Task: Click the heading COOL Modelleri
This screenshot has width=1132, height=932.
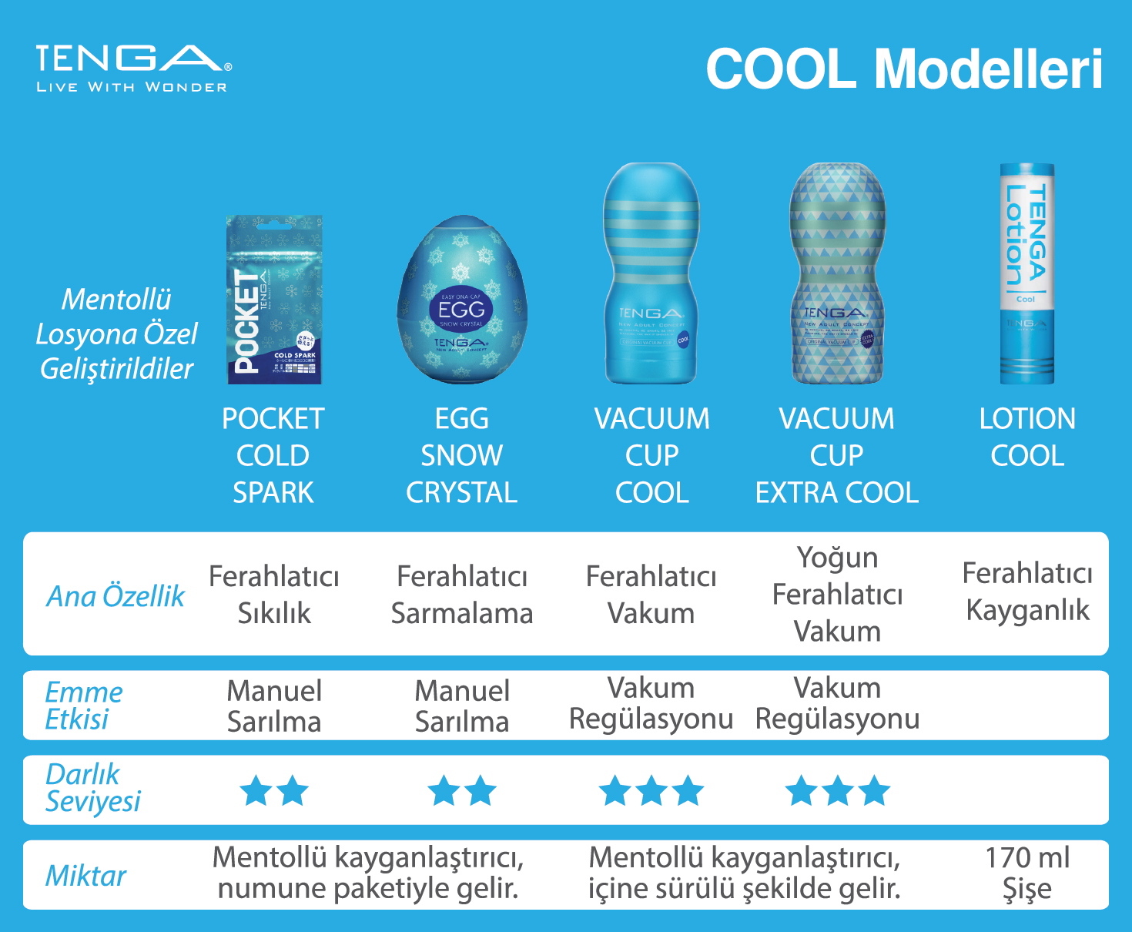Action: click(x=904, y=69)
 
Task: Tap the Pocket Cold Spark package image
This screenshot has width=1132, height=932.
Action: click(x=274, y=300)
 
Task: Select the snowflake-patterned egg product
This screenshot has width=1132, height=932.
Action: click(x=462, y=300)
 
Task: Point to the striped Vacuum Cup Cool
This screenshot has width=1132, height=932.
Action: click(x=651, y=273)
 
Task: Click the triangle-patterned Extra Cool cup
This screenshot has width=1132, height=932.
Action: click(x=837, y=273)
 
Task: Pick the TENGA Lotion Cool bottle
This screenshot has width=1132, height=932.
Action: click(x=1027, y=273)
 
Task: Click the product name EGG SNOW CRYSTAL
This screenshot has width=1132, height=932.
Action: click(x=462, y=455)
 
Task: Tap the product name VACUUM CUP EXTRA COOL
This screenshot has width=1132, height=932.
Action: click(x=837, y=455)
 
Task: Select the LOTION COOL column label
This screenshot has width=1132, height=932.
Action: click(x=1027, y=437)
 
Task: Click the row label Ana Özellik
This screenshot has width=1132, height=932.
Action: click(x=116, y=595)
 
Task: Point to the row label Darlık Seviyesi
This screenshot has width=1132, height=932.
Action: click(x=92, y=787)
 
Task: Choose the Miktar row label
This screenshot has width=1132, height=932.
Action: click(x=85, y=876)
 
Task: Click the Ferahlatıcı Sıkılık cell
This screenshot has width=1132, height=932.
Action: click(x=274, y=595)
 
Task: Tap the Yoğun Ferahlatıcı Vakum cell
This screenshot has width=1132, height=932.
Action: click(x=837, y=594)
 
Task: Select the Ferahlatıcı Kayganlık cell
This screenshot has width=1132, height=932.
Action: click(x=1027, y=592)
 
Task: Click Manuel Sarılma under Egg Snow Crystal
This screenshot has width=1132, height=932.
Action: click(x=462, y=706)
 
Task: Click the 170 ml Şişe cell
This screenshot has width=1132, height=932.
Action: click(x=1027, y=873)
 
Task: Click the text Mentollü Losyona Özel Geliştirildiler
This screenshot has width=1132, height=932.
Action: click(x=116, y=334)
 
